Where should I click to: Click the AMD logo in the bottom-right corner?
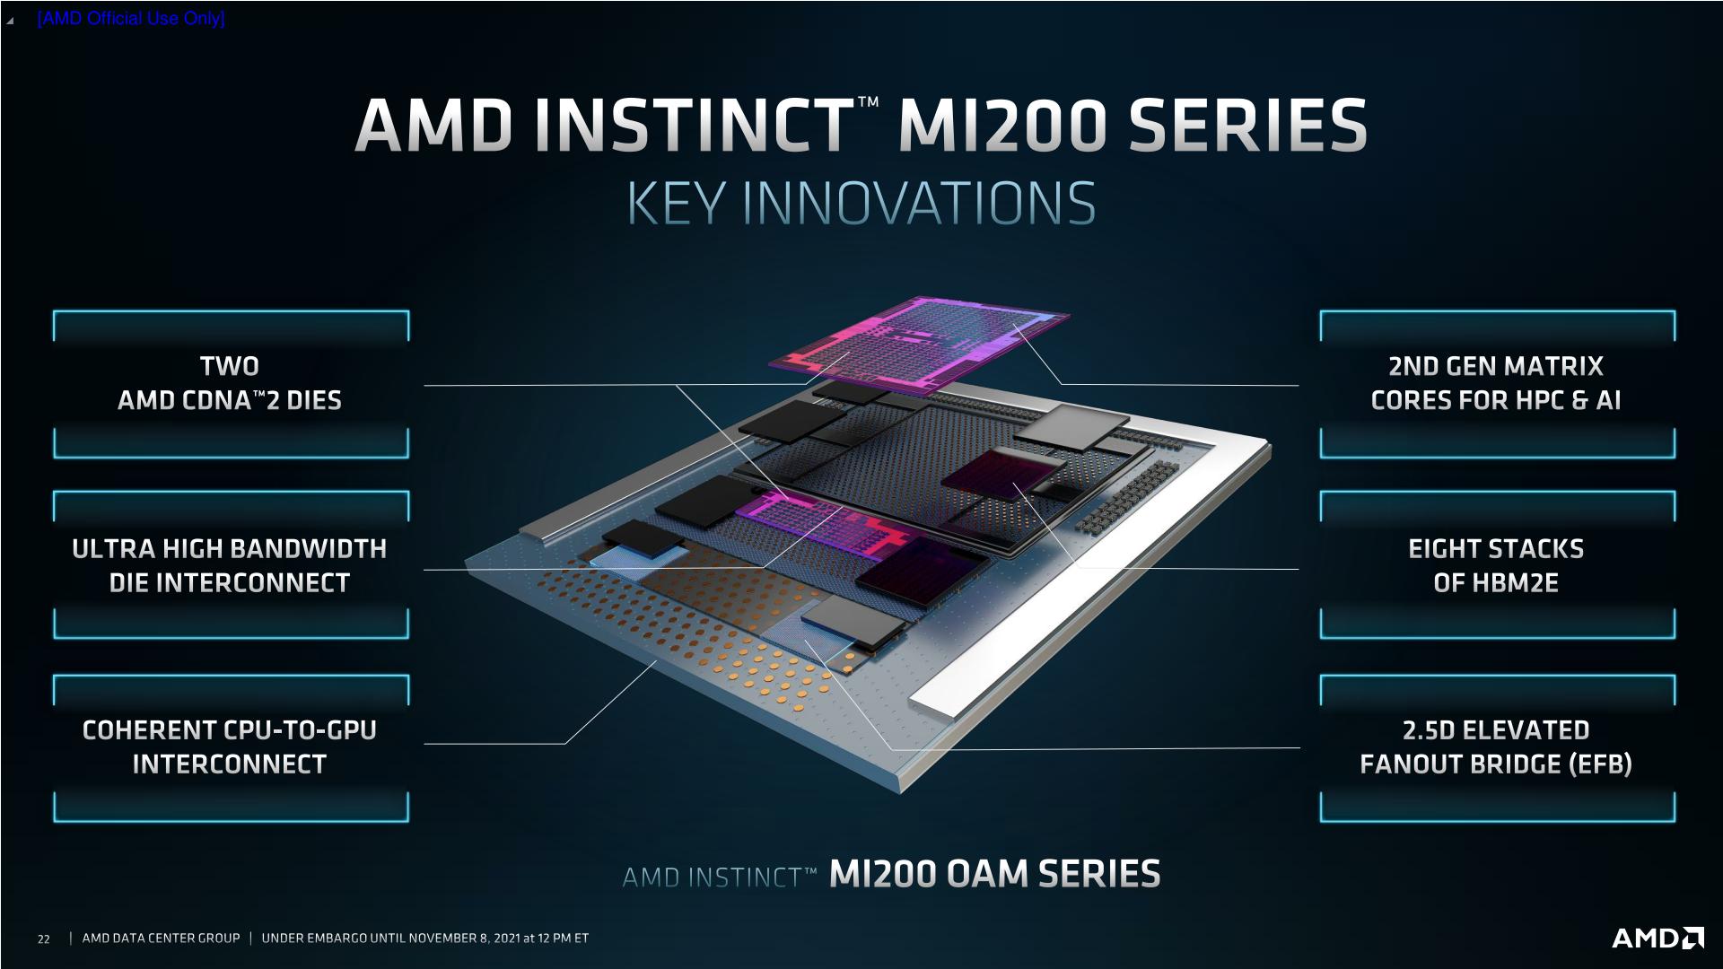click(1657, 938)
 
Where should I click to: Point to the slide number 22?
click(43, 939)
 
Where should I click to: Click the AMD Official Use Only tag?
click(131, 18)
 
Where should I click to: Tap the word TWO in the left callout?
click(230, 366)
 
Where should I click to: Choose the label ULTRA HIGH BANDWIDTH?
click(230, 549)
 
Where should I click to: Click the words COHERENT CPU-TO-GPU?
click(230, 730)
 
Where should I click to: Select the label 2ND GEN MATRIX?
click(1495, 366)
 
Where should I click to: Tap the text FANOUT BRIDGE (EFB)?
click(1495, 764)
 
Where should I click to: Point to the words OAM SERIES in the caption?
click(1054, 873)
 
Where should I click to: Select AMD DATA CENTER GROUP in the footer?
click(161, 938)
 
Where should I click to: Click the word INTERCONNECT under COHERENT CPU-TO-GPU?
click(230, 764)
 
